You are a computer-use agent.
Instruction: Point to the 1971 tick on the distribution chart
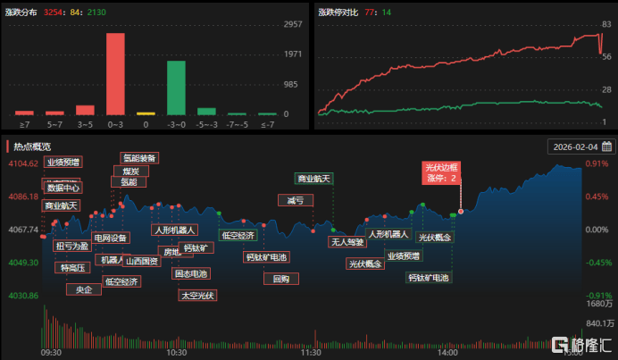pos(292,54)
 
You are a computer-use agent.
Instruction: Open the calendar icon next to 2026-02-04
pos(606,147)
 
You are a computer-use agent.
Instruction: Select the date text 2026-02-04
pos(575,147)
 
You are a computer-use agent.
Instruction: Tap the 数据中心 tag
pos(63,188)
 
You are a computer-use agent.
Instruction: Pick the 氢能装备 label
pos(139,158)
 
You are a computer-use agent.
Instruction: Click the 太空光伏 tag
pos(197,295)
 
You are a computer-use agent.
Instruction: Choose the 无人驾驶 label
pos(348,242)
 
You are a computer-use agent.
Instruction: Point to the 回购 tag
pos(281,279)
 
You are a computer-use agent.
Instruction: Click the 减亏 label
pos(296,200)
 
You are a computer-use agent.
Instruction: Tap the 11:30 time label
pos(310,352)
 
